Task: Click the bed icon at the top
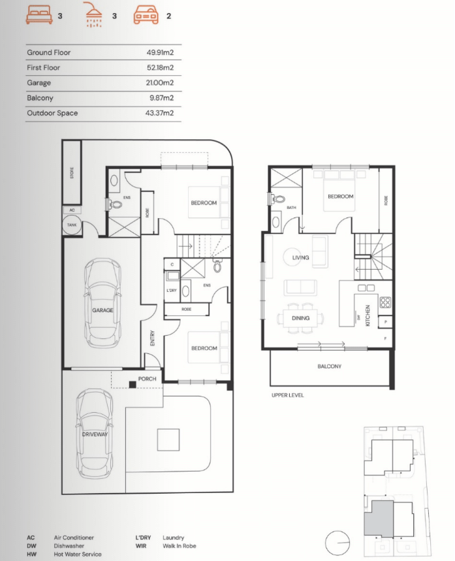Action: (39, 15)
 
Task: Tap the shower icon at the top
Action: (93, 14)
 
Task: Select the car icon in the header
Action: (146, 14)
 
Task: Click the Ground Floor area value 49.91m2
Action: (160, 52)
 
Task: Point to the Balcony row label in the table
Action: (40, 98)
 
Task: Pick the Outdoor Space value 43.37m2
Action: (160, 113)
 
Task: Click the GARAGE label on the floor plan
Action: (102, 310)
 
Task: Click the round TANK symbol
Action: (72, 225)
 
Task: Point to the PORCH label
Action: (146, 378)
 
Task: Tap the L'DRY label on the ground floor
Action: (171, 290)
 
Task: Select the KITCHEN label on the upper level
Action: (368, 315)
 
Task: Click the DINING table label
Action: (300, 318)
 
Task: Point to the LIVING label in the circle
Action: (300, 258)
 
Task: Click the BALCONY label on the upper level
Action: (329, 366)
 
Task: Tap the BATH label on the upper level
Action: (291, 208)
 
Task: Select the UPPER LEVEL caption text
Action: (287, 395)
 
